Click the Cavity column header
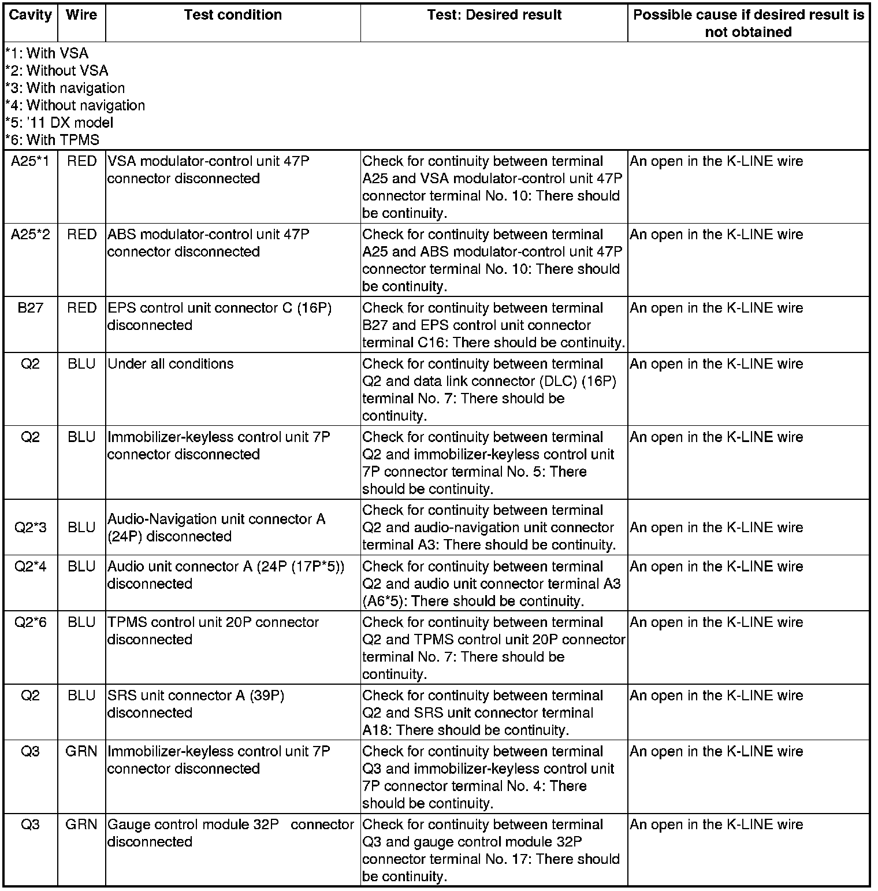[30, 16]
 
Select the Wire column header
[81, 16]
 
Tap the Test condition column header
[233, 16]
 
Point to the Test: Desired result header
[494, 16]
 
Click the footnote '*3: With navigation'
[65, 88]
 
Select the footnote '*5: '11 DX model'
[59, 123]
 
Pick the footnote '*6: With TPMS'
[52, 140]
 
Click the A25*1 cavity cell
[30, 162]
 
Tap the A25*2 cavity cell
[30, 235]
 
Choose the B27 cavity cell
[30, 309]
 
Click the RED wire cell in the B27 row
[81, 309]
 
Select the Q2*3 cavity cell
[30, 528]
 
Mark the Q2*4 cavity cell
[30, 567]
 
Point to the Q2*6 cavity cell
[30, 623]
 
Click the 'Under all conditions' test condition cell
[170, 365]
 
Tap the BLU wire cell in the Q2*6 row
[81, 623]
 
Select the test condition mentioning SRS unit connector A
[196, 704]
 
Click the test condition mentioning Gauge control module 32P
[230, 833]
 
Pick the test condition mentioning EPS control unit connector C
[219, 317]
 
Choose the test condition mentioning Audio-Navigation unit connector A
[216, 528]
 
